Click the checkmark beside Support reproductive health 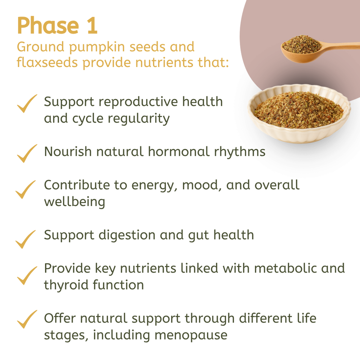coord(27,104)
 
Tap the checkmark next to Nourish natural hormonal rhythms coord(27,153)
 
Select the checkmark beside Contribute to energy coord(26,189)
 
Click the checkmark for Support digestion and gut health coord(26,239)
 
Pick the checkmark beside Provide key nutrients coord(27,275)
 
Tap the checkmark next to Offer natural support coord(27,319)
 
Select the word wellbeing coord(75,202)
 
